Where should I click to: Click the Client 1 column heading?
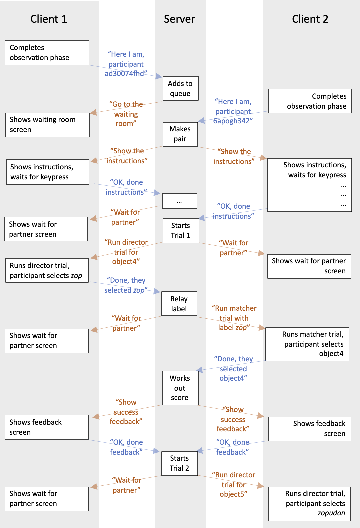[49, 19]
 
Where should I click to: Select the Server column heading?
[179, 19]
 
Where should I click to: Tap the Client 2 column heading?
[310, 19]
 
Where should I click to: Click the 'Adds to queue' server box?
[180, 88]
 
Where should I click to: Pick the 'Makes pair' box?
[180, 134]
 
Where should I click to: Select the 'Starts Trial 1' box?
[180, 231]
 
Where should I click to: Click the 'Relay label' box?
[179, 304]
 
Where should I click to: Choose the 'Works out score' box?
[180, 388]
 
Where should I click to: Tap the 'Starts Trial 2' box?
[179, 463]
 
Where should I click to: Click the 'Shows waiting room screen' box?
[47, 125]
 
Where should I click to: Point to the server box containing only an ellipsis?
[179, 201]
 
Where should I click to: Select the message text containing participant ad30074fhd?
[126, 64]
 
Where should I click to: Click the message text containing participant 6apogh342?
[233, 111]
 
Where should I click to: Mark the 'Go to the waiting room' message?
[126, 114]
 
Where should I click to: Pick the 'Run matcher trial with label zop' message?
[234, 318]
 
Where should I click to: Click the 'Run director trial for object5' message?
[233, 484]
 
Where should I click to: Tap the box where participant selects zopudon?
[309, 504]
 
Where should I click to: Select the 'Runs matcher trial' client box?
[307, 344]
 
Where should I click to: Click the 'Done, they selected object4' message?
[233, 369]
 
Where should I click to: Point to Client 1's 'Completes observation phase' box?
[47, 53]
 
